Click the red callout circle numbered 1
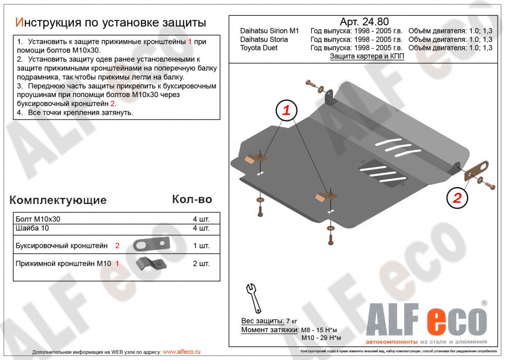pos(286,110)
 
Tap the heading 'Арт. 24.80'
pos(364,22)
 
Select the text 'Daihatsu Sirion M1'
pos(269,31)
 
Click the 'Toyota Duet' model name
pos(259,48)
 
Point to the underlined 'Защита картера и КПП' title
pos(367,57)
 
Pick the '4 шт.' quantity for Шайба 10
pos(201,229)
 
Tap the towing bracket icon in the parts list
pos(151,244)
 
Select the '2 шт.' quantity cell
pos(201,263)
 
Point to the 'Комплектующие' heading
pos(58,200)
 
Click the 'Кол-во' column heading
pos(192,199)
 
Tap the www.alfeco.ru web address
pos(182,352)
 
